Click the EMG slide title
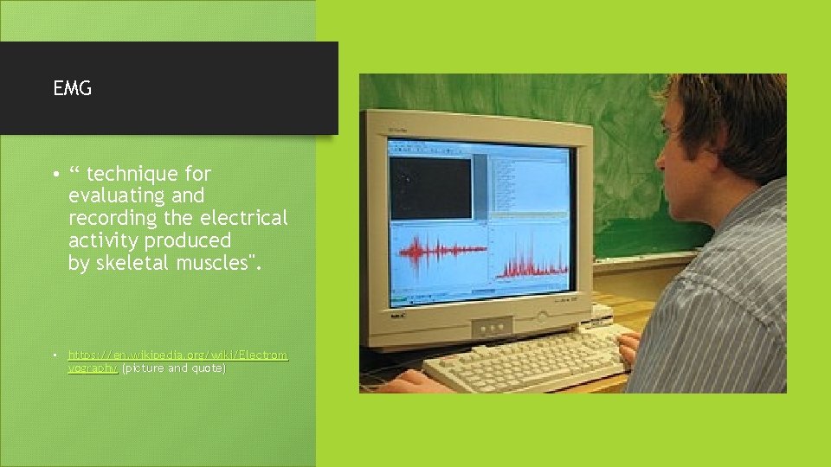72,88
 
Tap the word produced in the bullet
188,240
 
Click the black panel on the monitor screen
429,187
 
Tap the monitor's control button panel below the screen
489,327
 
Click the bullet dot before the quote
55,175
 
